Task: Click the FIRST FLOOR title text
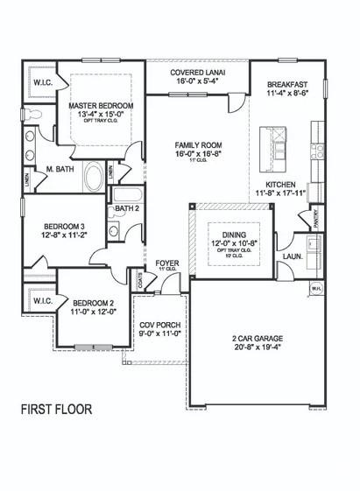(56, 409)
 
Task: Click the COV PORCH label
(159, 324)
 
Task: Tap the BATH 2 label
(127, 209)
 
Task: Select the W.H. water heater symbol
(315, 287)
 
